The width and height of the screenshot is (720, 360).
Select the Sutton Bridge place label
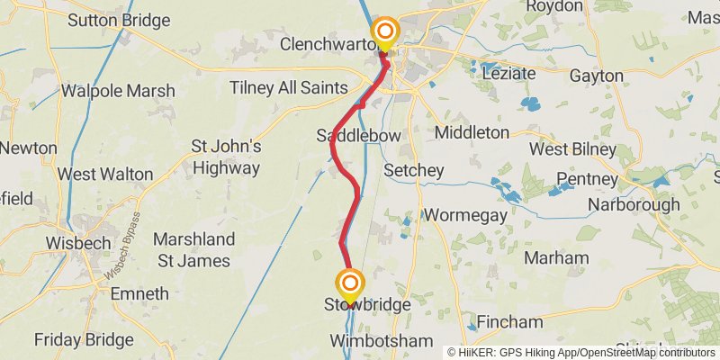pos(118,20)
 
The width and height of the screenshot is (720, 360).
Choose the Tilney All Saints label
pos(288,87)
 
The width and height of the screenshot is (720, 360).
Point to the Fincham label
pos(510,321)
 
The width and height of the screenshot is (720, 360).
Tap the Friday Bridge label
pos(84,340)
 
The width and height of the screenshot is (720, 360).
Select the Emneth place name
pos(139,293)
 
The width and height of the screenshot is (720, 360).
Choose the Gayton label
pos(596,75)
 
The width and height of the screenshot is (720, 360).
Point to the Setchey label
pos(414,170)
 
